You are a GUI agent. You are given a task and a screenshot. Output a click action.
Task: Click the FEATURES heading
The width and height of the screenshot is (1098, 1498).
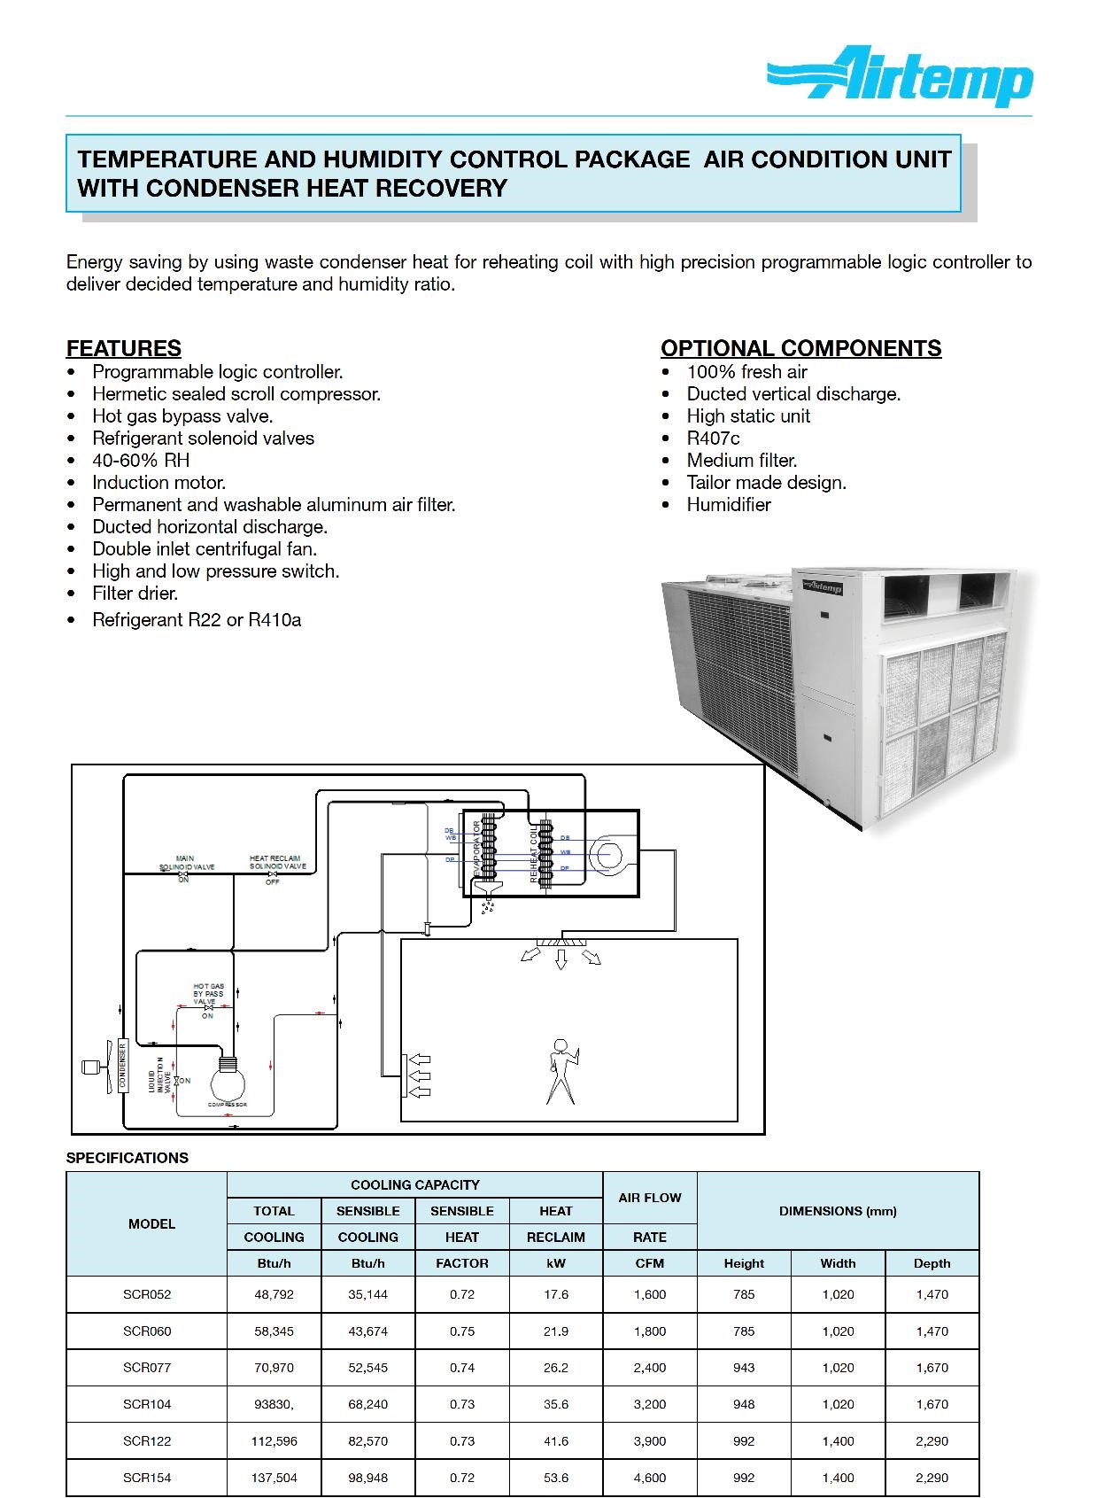(x=124, y=348)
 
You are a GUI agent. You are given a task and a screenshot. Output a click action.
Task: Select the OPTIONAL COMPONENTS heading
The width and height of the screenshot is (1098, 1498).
(x=800, y=348)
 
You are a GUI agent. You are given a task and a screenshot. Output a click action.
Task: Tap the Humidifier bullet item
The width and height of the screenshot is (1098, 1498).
(x=728, y=505)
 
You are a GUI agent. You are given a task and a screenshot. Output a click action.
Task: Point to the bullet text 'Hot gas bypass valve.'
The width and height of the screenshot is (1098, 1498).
(x=182, y=416)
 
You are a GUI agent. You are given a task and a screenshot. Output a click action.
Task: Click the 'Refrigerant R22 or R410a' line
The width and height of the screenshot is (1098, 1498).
(x=197, y=620)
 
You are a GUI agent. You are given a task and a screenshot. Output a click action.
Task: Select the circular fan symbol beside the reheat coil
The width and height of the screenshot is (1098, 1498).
(x=607, y=855)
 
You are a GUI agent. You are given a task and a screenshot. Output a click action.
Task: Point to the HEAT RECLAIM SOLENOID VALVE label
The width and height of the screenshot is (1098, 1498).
(x=277, y=863)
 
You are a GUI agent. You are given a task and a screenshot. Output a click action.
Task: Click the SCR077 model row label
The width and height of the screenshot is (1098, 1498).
(x=147, y=1368)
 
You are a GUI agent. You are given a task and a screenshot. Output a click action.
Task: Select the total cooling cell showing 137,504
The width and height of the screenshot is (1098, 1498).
(x=274, y=1478)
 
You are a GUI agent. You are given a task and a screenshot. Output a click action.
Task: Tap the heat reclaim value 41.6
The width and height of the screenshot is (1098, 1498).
(x=556, y=1441)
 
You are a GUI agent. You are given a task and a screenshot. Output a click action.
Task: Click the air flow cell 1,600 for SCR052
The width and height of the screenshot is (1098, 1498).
(x=649, y=1294)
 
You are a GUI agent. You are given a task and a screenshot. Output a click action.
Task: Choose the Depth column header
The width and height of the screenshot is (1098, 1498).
(x=932, y=1263)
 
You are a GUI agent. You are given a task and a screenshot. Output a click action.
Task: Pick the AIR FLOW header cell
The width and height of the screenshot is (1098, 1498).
(x=649, y=1198)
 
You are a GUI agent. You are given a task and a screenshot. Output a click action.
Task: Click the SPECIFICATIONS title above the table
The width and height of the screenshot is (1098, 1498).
(x=128, y=1158)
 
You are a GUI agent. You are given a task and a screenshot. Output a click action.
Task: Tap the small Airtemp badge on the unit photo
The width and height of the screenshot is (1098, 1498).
(x=823, y=586)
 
